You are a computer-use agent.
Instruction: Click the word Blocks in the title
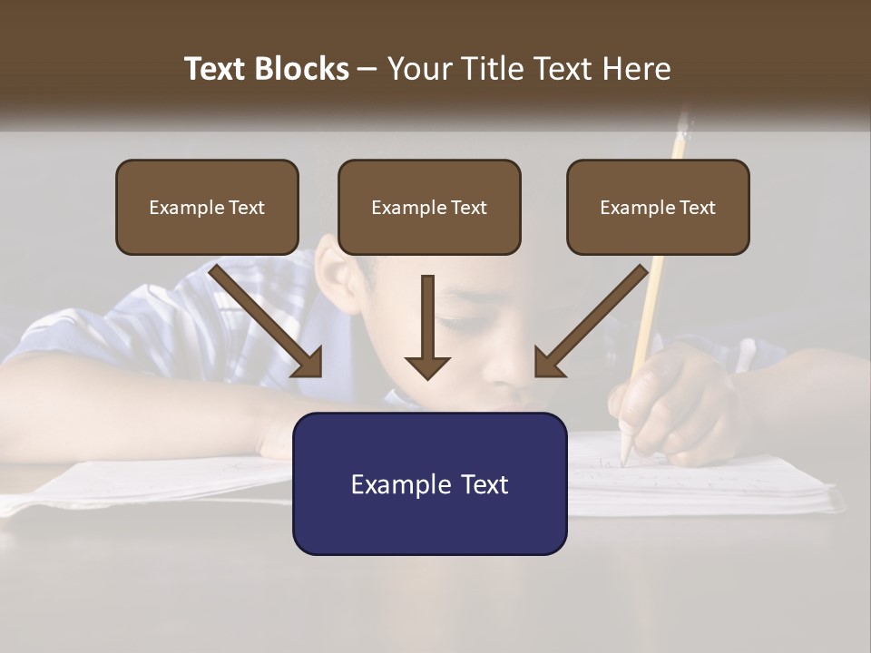303,69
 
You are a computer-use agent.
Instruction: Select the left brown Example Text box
207,208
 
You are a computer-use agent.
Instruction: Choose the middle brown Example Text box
429,208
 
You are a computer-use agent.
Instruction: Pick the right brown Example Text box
658,208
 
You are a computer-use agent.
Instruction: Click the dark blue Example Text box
429,483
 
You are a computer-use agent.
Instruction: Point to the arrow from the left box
267,321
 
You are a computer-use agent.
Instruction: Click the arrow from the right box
591,321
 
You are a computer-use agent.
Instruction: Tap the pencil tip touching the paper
626,458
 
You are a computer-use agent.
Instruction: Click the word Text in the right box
698,208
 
